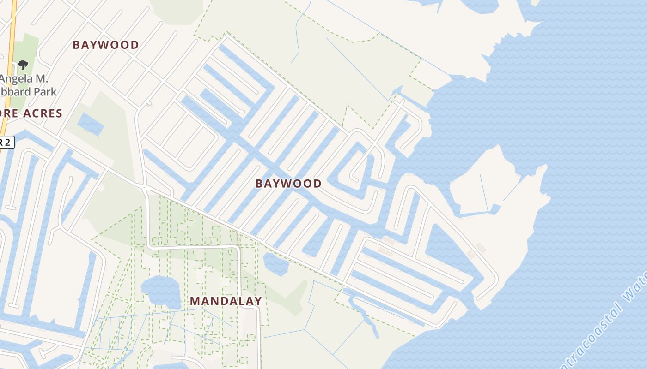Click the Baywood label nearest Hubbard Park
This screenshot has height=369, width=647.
(106, 45)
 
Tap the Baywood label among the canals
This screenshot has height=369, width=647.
(288, 184)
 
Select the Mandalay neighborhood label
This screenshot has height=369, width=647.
(226, 301)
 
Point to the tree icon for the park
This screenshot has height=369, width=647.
(23, 65)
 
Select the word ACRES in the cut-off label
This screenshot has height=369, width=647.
(45, 113)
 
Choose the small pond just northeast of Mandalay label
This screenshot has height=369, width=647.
(276, 264)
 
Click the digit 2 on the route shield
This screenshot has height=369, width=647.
(7, 142)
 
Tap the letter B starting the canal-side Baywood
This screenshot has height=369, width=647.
(259, 184)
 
